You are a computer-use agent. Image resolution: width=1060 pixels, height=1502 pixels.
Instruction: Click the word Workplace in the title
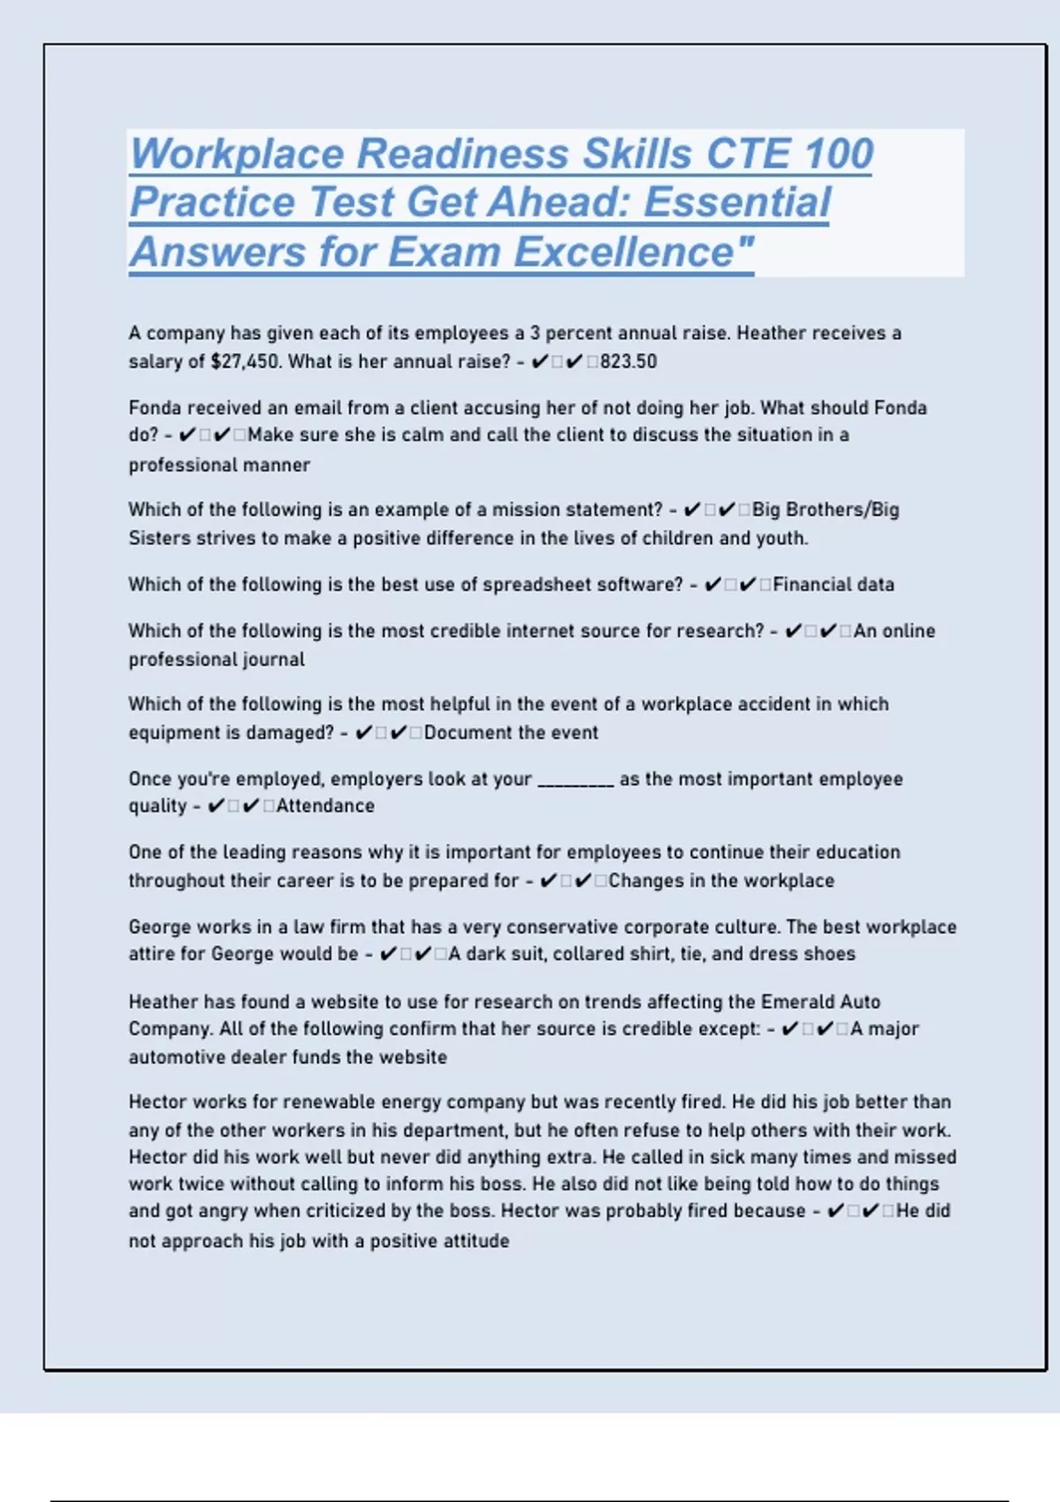click(237, 154)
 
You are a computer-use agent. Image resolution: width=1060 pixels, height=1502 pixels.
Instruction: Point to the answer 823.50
click(628, 361)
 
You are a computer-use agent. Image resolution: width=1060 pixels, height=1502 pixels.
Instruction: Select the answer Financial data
click(833, 584)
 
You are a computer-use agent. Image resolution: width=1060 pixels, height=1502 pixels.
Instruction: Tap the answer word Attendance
click(325, 806)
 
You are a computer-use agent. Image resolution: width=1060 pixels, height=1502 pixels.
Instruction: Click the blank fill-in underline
click(576, 779)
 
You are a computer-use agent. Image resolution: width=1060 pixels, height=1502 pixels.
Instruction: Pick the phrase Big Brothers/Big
click(825, 510)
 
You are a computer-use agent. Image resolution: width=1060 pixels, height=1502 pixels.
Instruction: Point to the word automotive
click(177, 1057)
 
